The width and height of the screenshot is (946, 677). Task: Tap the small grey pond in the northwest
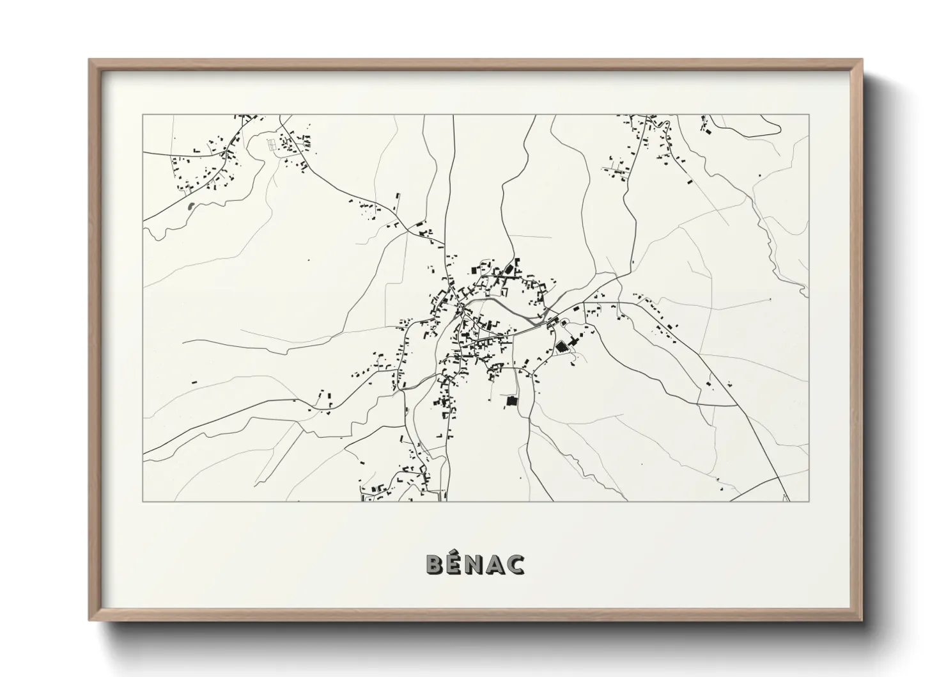(190, 206)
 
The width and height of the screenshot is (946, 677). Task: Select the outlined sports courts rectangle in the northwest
(274, 145)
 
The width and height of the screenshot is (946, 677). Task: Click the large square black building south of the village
(511, 401)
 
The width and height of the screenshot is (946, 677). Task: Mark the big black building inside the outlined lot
(562, 346)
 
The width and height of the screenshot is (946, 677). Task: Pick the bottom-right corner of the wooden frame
(862, 619)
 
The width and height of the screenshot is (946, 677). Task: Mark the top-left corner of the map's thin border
(143, 115)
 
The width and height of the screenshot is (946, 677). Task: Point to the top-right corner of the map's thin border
(809, 115)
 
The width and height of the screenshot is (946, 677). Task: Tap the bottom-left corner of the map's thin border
(143, 501)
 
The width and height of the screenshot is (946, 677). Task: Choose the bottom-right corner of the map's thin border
(809, 501)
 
